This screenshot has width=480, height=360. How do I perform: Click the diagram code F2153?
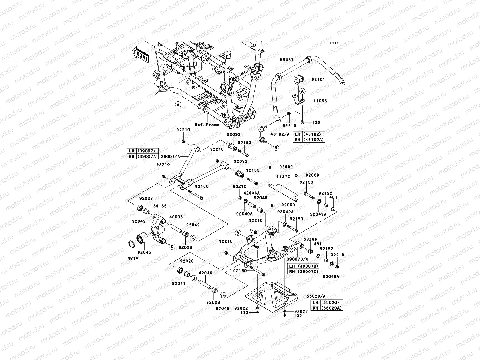(336, 43)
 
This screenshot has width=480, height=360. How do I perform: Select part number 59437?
(287, 60)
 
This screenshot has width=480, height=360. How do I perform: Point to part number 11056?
(320, 101)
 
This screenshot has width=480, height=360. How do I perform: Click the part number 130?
(316, 122)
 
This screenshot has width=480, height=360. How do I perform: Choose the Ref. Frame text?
(207, 124)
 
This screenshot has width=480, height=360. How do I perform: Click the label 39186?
(160, 206)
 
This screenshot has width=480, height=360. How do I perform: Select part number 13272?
(283, 177)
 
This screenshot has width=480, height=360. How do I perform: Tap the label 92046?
(261, 198)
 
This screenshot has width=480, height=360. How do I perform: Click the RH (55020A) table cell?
(327, 308)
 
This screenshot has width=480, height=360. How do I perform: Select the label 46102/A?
(280, 134)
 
